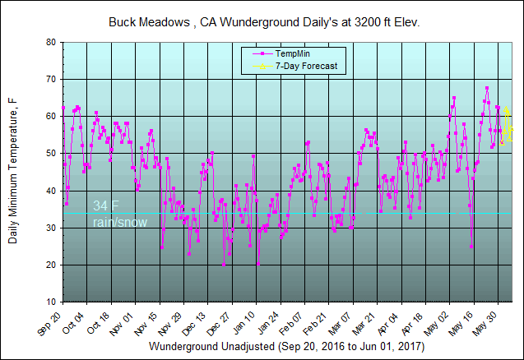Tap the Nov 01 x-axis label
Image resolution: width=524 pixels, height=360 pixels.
tap(123, 321)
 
